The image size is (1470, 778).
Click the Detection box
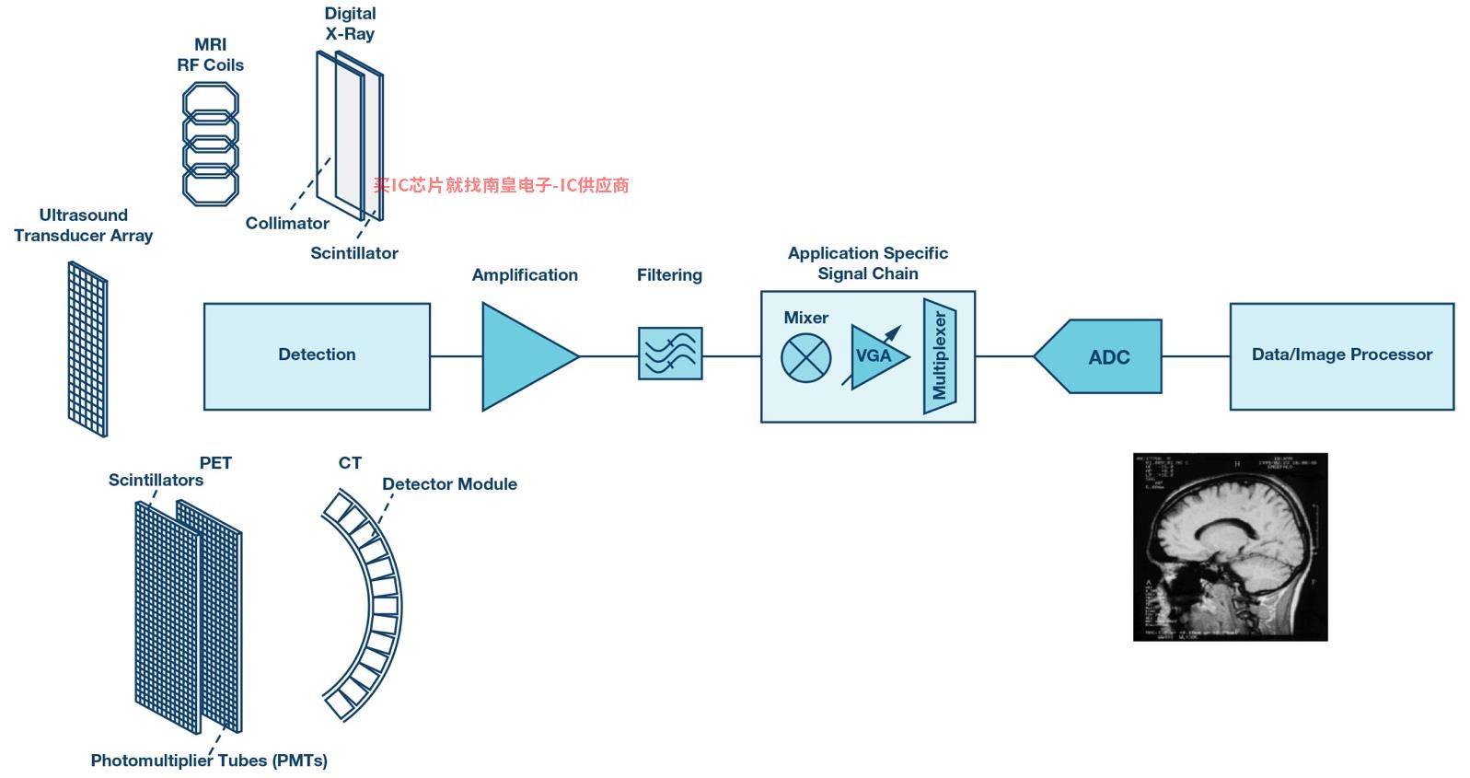[317, 355]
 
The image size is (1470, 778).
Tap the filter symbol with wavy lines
[670, 354]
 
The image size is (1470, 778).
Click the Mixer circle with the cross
[805, 358]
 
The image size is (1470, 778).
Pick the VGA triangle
[874, 356]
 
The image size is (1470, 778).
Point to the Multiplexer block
[940, 355]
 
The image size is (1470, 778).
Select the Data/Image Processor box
[1341, 355]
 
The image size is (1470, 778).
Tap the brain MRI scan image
[1230, 547]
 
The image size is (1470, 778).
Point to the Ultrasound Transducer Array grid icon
[87, 349]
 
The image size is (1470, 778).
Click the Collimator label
[287, 224]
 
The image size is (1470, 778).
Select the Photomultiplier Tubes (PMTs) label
[209, 761]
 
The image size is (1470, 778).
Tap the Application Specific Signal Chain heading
[867, 263]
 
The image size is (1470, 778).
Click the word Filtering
[669, 275]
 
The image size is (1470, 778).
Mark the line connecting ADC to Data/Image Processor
[1196, 356]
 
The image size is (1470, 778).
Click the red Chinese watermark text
[501, 185]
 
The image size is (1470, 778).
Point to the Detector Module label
[449, 484]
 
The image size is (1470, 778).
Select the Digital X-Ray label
[350, 24]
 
